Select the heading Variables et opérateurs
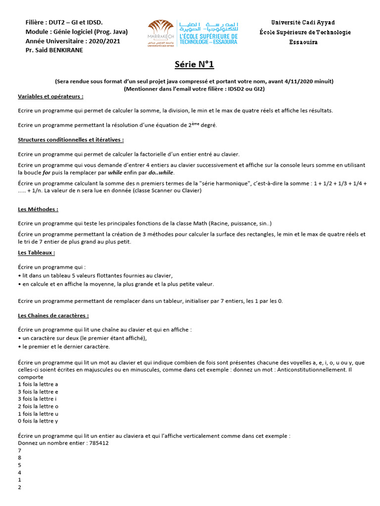pos(50,96)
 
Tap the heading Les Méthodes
pos(38,209)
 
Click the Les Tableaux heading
pos(36,253)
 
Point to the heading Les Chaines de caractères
pos(53,315)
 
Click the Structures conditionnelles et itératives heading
pos(71,140)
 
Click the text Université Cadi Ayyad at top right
pos(303,23)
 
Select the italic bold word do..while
pos(162,173)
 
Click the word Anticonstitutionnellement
pos(307,369)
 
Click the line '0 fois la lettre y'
pos(38,421)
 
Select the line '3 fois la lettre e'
pos(38,391)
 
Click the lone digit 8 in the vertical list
pos(19,458)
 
